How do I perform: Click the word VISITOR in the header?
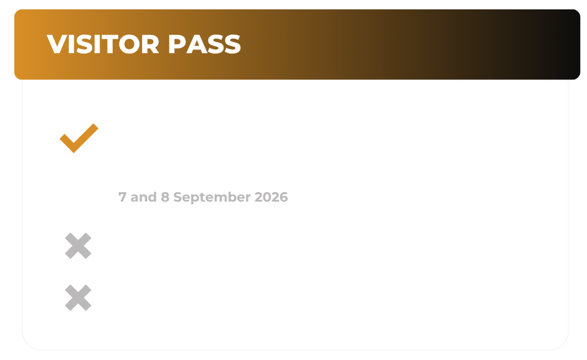pos(103,44)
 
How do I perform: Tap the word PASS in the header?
pos(205,44)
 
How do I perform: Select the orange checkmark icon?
pos(79,138)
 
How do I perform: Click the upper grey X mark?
pos(78,246)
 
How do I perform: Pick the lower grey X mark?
pos(78,298)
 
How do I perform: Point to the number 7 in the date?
pos(123,197)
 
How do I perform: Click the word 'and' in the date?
pos(143,197)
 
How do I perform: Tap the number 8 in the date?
pos(165,197)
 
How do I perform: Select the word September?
pos(212,197)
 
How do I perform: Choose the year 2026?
pos(271,197)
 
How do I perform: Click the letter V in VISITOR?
pos(58,44)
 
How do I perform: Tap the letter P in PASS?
pos(176,44)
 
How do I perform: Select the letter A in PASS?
pos(195,44)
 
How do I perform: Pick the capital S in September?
pos(178,197)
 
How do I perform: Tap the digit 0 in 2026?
pos(267,197)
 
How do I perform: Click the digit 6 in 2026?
pos(283,197)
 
